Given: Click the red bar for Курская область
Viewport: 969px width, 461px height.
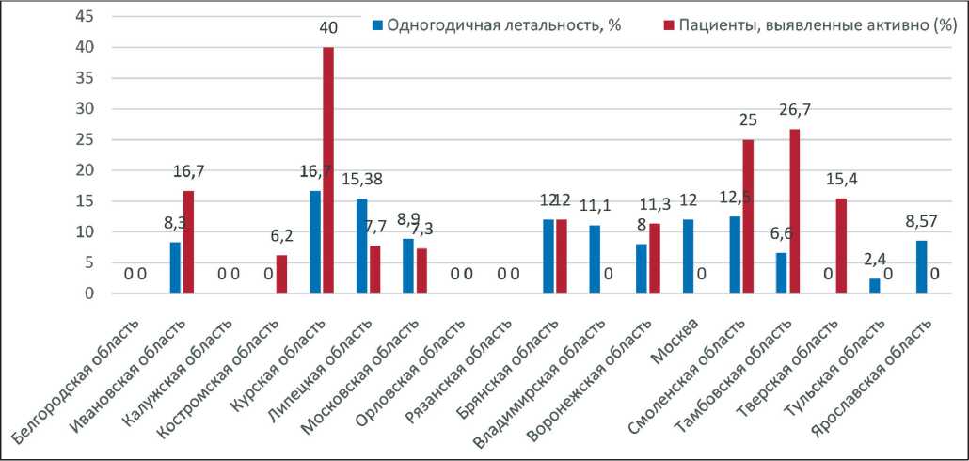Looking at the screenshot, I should [x=328, y=170].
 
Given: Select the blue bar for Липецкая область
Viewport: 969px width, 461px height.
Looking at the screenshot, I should [x=362, y=246].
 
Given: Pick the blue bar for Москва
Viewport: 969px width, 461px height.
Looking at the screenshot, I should [x=688, y=257].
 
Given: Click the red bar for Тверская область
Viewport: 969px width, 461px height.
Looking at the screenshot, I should [x=840, y=246].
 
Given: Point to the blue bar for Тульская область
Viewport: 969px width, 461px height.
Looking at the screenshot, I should [x=874, y=286].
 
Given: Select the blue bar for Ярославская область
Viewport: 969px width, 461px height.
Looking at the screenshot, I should [x=920, y=267].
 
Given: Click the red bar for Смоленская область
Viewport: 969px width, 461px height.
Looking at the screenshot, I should [x=747, y=216].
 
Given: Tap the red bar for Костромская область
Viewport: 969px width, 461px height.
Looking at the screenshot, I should [x=281, y=275].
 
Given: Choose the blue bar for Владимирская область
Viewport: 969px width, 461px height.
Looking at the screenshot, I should [x=595, y=260].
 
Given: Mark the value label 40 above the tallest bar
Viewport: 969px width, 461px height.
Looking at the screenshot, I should [x=328, y=29].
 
